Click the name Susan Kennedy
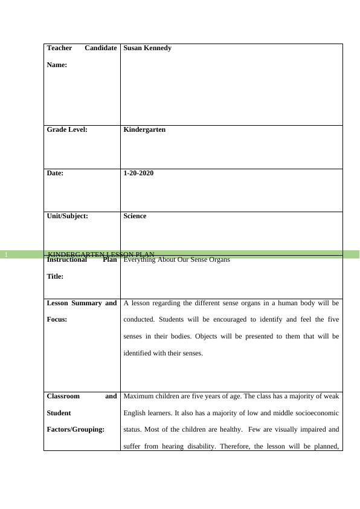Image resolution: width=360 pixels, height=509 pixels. point(147,48)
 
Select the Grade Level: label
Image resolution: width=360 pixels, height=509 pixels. point(67,129)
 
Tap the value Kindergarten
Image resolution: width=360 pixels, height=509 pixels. point(144,129)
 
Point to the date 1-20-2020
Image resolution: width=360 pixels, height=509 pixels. point(138,173)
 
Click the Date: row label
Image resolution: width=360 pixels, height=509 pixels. point(55,173)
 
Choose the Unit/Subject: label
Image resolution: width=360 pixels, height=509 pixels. point(67,216)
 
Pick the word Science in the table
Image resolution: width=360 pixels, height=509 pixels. point(135,216)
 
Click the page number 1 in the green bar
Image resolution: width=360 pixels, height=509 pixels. point(6,255)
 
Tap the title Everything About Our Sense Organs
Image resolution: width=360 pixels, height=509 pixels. point(176,260)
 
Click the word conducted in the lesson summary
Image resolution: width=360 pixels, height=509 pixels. point(140,319)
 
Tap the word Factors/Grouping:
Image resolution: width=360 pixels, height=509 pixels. point(75,429)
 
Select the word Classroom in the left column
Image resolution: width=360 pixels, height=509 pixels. point(63,397)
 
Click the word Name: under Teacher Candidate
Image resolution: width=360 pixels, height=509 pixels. point(57,64)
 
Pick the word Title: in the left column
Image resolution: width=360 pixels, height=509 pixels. point(56,276)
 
